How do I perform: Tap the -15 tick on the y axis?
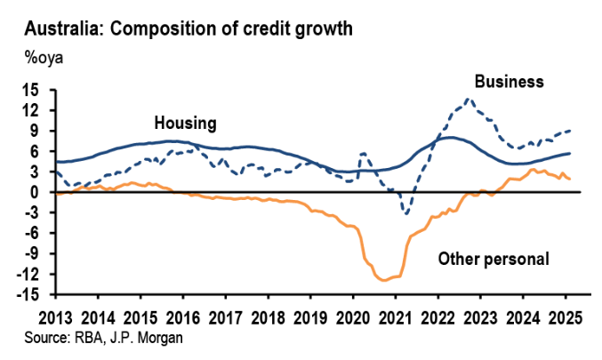[32, 294]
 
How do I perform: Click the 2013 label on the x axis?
[56, 317]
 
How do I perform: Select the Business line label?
[509, 82]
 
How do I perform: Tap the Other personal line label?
[494, 260]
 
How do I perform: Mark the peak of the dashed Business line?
[469, 99]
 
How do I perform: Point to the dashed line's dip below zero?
[406, 213]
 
